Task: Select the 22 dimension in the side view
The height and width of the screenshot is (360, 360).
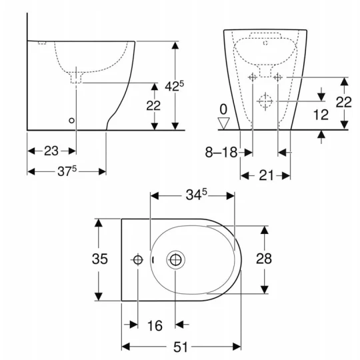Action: [x=153, y=105]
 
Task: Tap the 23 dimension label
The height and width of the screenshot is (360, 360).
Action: [x=51, y=151]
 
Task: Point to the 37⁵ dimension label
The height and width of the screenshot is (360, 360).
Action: [x=65, y=171]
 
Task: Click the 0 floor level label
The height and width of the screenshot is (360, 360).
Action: [x=224, y=108]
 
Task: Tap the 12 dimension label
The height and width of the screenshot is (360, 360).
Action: [x=321, y=115]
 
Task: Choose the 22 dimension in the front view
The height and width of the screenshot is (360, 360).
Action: [x=343, y=103]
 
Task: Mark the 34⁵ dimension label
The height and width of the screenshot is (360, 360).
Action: [x=194, y=195]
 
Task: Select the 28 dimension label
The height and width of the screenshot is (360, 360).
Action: [x=264, y=259]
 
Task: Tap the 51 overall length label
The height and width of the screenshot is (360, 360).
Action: [x=181, y=347]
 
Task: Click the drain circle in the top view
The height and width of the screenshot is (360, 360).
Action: [x=177, y=259]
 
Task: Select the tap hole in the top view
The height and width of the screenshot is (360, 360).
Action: [x=138, y=259]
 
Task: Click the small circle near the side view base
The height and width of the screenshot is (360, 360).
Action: [x=72, y=121]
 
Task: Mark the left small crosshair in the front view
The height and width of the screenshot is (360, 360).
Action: [x=253, y=78]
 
